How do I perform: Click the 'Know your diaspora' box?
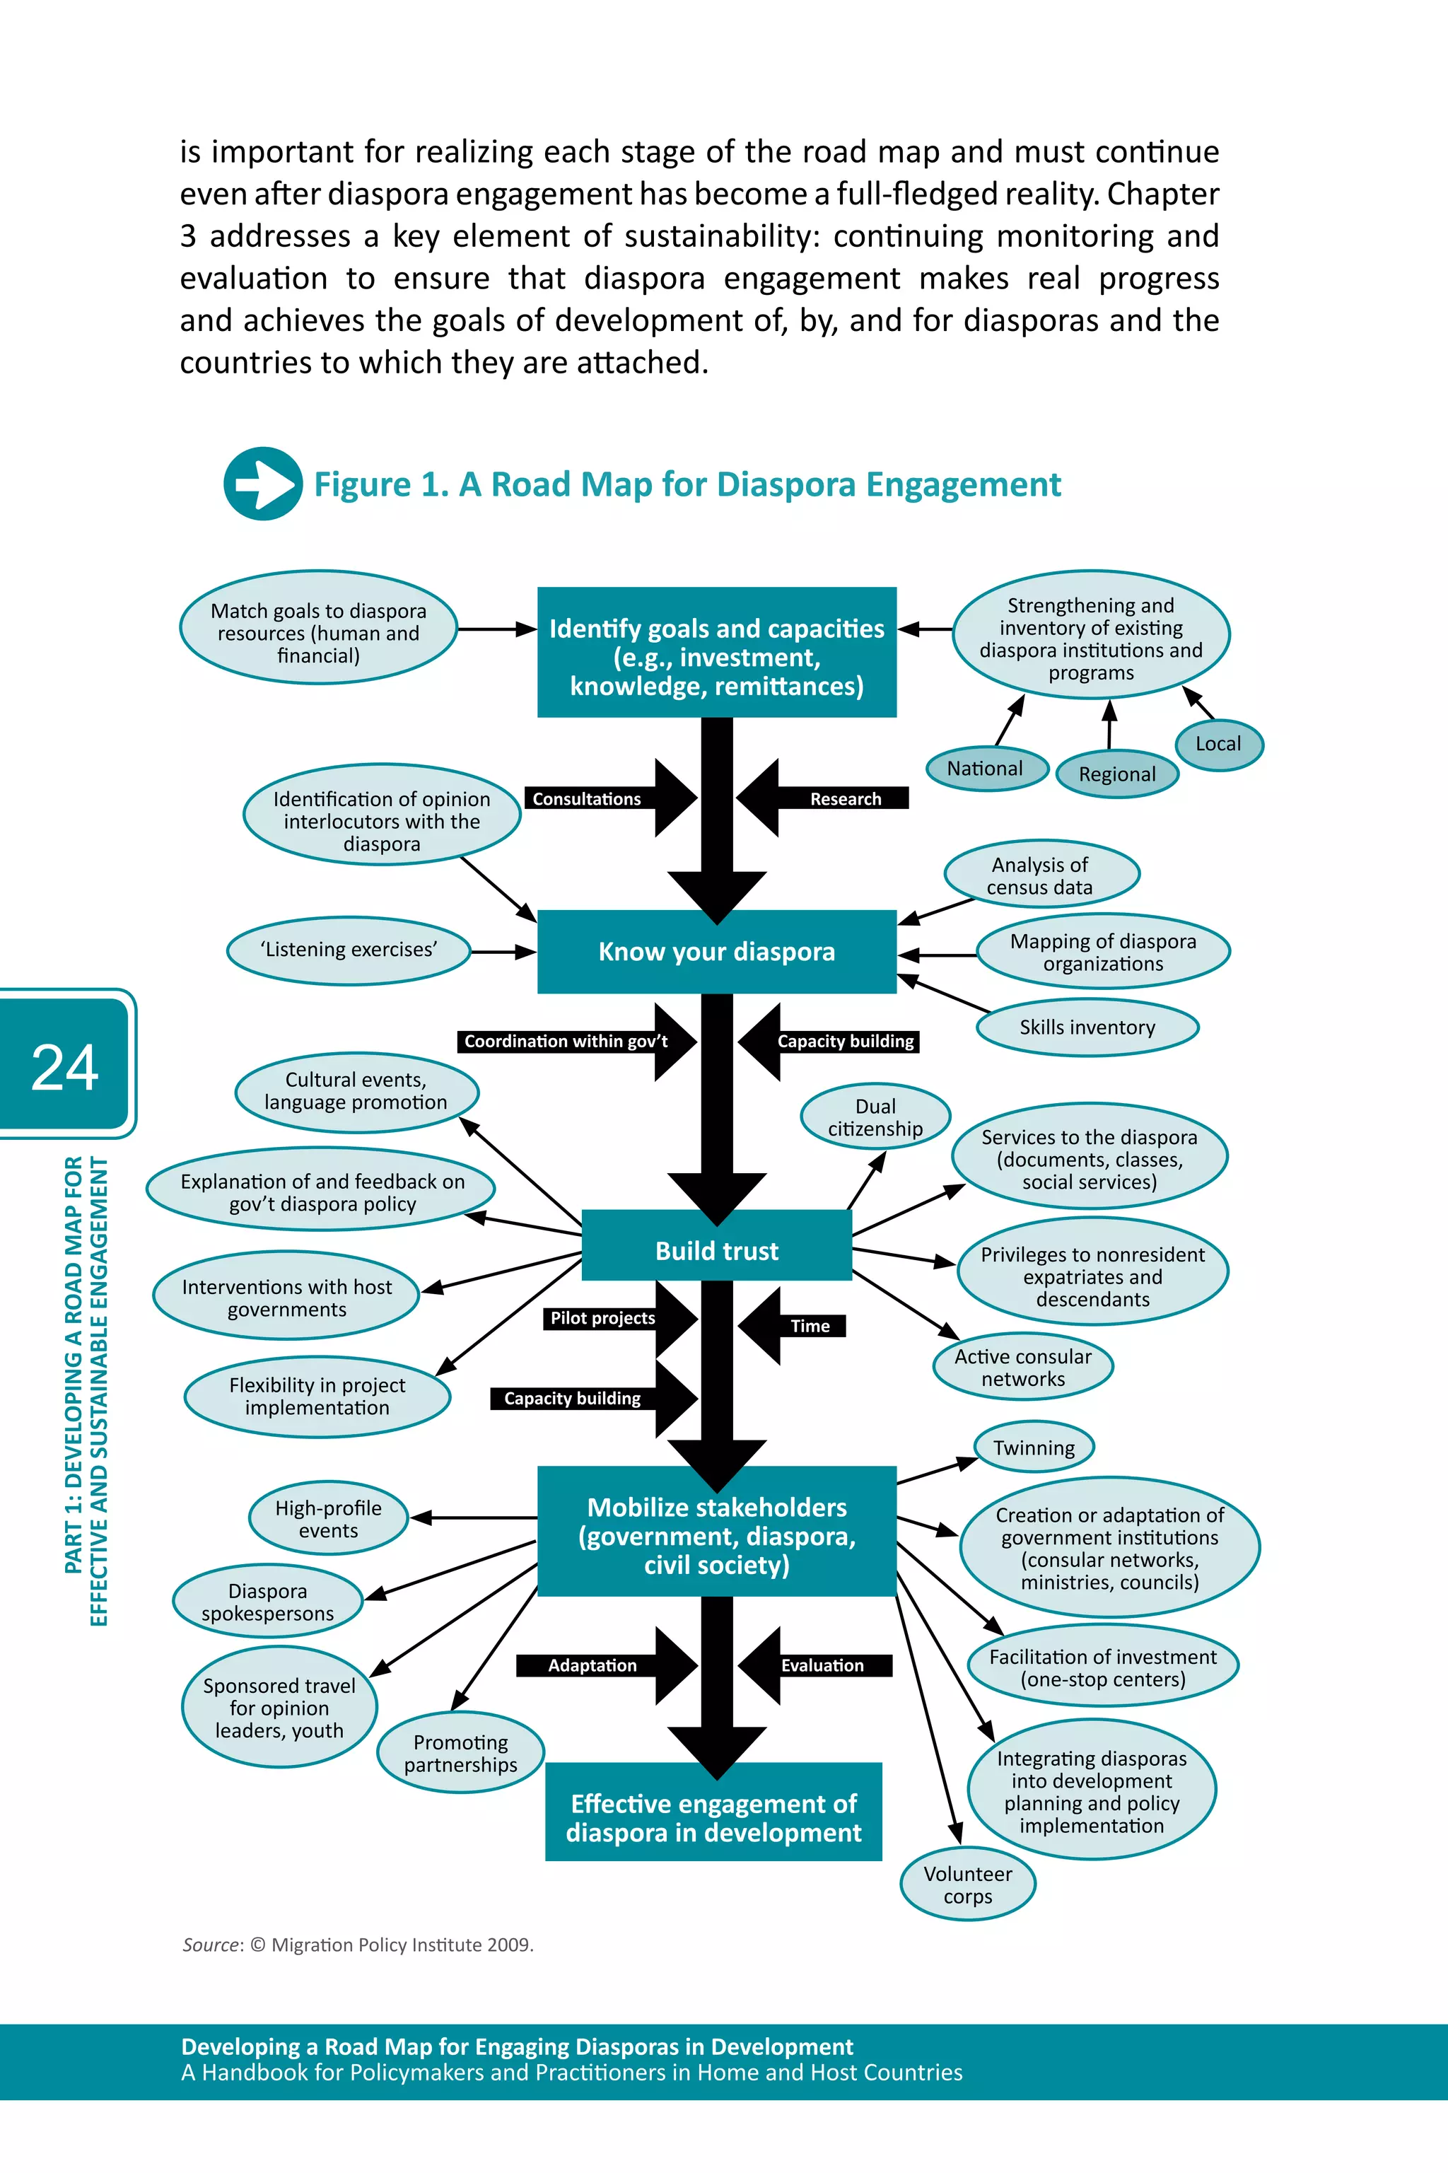point(717,951)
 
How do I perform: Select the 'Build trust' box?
point(717,1250)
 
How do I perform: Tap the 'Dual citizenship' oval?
point(875,1117)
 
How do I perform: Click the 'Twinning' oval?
point(1034,1447)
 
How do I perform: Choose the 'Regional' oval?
point(1116,774)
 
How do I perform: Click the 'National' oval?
point(986,769)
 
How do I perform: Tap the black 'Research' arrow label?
point(844,799)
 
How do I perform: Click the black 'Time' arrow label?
point(810,1326)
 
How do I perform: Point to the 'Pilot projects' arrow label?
point(602,1318)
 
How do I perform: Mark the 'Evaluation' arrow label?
point(822,1665)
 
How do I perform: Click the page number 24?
point(64,1066)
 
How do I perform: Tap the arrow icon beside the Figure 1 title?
point(263,484)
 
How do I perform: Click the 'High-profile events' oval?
point(328,1518)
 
